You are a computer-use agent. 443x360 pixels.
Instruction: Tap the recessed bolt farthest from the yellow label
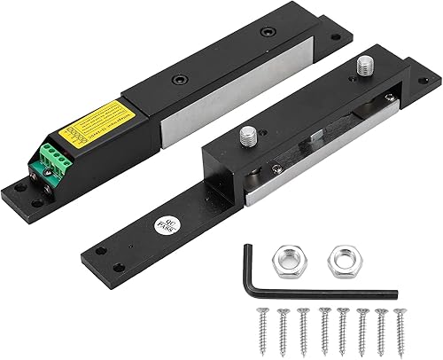pos(267,33)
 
